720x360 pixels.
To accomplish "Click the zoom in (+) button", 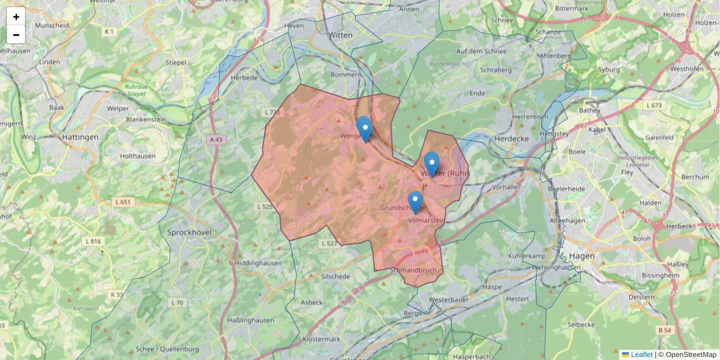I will click(x=16, y=17).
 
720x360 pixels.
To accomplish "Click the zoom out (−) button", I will click(x=16, y=35).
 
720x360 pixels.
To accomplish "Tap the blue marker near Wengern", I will click(x=364, y=129).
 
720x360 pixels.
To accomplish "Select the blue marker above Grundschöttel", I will click(x=415, y=202).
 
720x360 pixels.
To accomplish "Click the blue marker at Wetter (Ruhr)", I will click(x=431, y=163).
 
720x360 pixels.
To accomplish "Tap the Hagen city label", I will click(x=580, y=256).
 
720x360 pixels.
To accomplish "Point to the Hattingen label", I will click(x=80, y=137).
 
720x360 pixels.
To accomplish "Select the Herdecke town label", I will click(x=509, y=137).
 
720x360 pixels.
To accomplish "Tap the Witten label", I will click(x=340, y=35).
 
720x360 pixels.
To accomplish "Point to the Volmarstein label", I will click(x=425, y=220).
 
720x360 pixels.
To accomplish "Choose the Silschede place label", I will click(x=335, y=277).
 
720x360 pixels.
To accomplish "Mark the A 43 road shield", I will click(x=217, y=139).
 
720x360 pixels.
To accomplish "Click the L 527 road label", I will click(x=329, y=243).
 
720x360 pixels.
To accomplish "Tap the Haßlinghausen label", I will click(x=251, y=320).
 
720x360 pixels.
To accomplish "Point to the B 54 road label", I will click(x=663, y=330).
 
